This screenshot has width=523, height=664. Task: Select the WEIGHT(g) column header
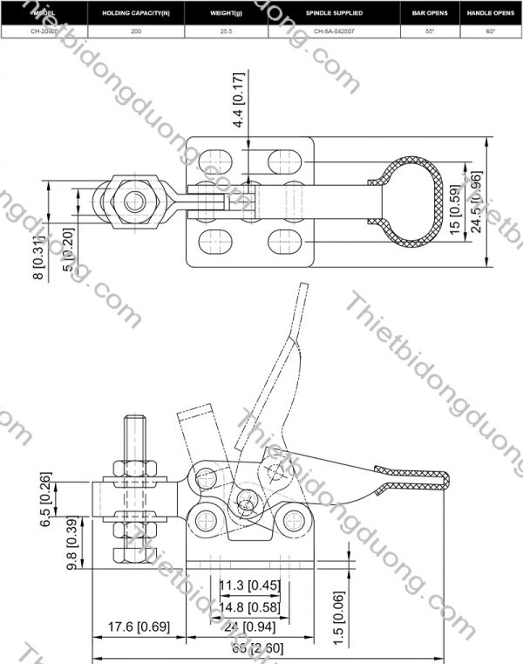tap(225, 14)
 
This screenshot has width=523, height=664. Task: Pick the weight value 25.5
tap(225, 31)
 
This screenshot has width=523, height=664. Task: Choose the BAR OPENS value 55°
tap(429, 31)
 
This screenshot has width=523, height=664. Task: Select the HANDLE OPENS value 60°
tap(491, 31)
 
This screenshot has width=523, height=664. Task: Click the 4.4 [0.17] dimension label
tap(240, 100)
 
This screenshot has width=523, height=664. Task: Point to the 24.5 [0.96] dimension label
tap(475, 202)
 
